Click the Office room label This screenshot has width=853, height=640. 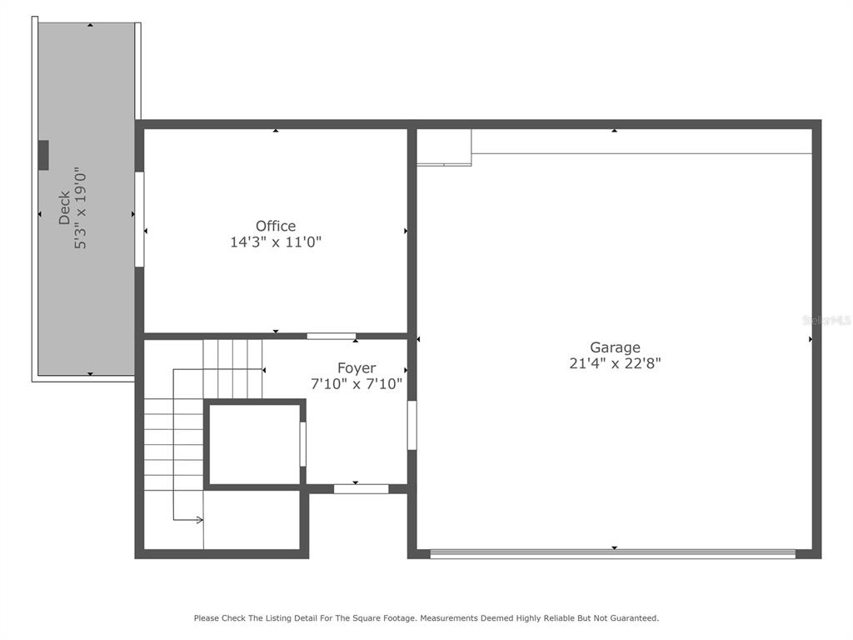click(x=276, y=226)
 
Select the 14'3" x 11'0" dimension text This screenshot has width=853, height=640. click(x=276, y=242)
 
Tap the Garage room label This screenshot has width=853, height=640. click(x=615, y=347)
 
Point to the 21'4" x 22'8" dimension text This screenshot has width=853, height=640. click(x=615, y=363)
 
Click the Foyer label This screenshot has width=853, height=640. click(x=357, y=367)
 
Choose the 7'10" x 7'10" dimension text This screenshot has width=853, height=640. click(x=357, y=383)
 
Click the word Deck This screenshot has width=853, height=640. click(x=65, y=208)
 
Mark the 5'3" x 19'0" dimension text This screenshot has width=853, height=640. click(x=81, y=208)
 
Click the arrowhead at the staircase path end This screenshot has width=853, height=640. click(x=200, y=520)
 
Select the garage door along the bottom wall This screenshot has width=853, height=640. click(x=612, y=552)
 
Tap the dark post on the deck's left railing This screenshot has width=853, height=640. click(x=43, y=155)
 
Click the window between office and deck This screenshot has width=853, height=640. click(x=139, y=219)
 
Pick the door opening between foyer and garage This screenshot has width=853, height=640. click(x=412, y=425)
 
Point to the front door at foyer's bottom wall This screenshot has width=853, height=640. click(x=361, y=488)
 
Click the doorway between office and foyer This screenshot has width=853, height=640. click(x=331, y=336)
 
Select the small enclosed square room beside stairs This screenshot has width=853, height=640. click(x=253, y=443)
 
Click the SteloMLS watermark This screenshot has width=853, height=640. click(x=826, y=319)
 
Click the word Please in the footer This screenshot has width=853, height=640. click(x=207, y=618)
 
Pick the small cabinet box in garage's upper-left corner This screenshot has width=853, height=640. click(x=444, y=147)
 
